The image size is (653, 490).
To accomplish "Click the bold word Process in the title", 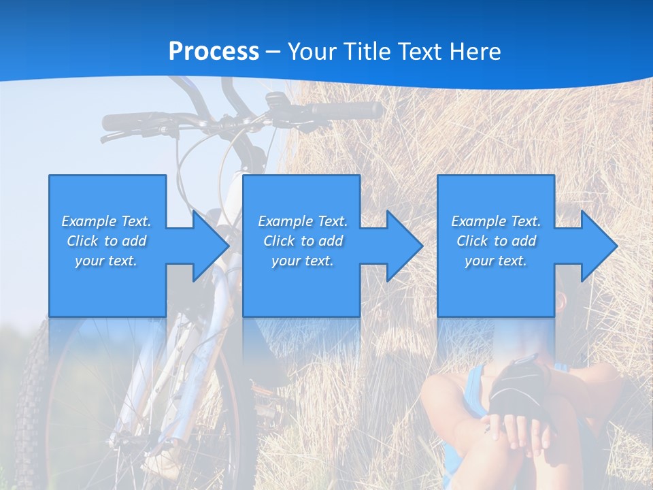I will (x=214, y=51).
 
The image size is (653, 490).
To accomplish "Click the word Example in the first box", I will (x=88, y=221).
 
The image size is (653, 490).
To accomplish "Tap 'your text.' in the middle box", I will (x=302, y=261).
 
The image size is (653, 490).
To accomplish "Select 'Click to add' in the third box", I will (x=496, y=241).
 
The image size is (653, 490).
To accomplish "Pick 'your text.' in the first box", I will (x=106, y=261).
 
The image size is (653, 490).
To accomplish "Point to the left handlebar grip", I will (x=122, y=122).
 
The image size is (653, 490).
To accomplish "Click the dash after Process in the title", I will (x=273, y=51).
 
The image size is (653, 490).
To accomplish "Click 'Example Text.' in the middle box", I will (x=302, y=221).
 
